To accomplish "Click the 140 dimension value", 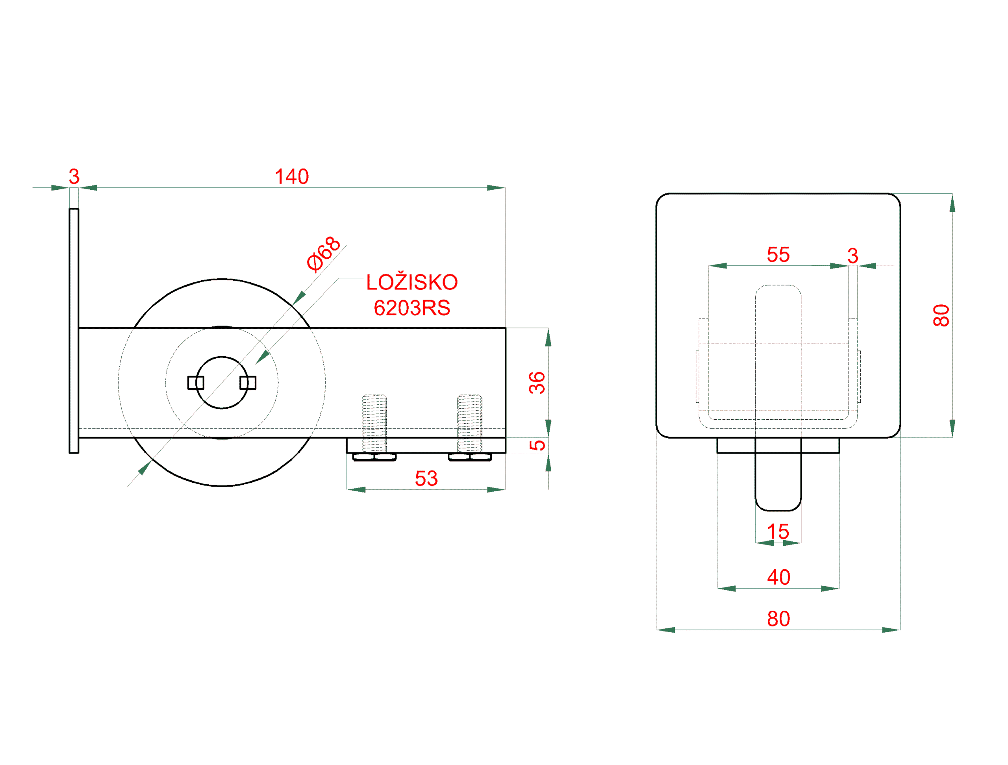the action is [x=292, y=177].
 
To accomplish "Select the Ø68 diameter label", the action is [x=324, y=254].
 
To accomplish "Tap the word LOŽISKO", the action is [x=412, y=282].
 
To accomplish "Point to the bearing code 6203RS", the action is [x=412, y=308].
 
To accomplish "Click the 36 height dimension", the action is [x=537, y=383].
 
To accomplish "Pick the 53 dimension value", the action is [x=426, y=478].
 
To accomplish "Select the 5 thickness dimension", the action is [x=537, y=445].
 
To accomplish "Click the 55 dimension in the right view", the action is [x=778, y=255].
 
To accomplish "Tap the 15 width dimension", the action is [x=778, y=531].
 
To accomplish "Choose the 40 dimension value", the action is [x=778, y=577].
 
